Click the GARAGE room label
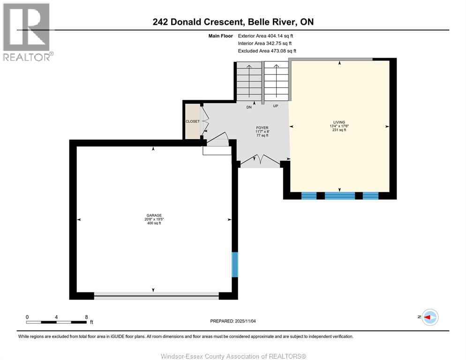tap(153, 215)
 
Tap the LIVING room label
tap(340, 122)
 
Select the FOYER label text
tap(262, 127)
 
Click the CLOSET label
tap(192, 121)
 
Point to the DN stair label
tap(249, 107)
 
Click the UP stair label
tap(276, 106)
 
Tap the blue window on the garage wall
tap(235, 264)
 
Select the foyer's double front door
tap(260, 160)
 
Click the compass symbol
tap(429, 317)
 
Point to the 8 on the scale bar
tap(86, 317)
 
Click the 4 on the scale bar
tap(56, 317)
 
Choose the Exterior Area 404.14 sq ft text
tap(266, 36)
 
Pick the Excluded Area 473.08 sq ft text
tap(267, 51)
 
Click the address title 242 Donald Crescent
tap(233, 22)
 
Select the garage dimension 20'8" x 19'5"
tap(154, 219)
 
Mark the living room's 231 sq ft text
tap(339, 130)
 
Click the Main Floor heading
tap(221, 36)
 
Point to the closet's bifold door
tap(204, 121)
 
